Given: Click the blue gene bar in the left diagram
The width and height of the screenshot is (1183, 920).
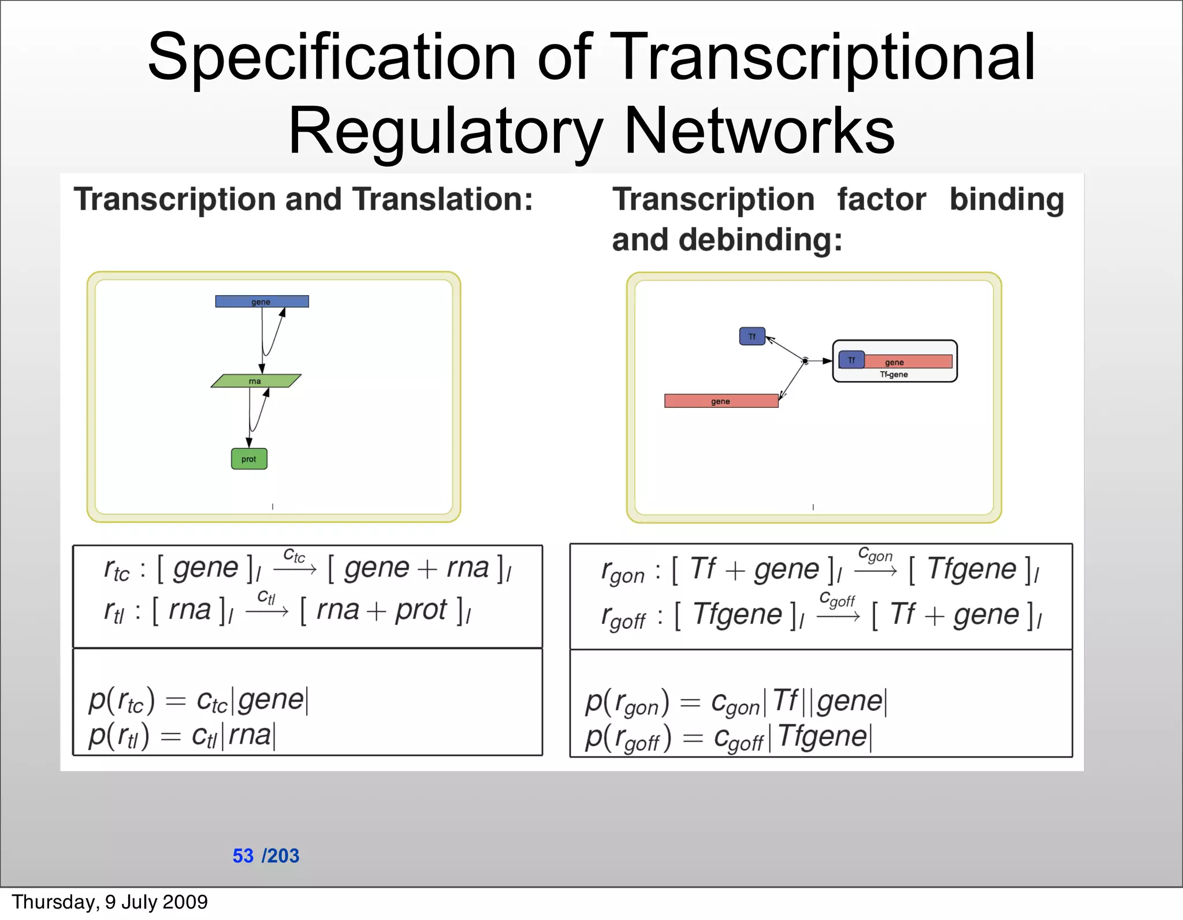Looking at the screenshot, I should (262, 301).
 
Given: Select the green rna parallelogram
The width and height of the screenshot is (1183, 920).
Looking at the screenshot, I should (256, 381).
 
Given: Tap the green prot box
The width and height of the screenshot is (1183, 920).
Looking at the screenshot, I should (249, 459).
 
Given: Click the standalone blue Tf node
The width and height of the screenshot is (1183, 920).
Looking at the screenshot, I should (752, 336).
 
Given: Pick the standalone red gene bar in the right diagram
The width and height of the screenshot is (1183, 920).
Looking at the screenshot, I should (721, 401).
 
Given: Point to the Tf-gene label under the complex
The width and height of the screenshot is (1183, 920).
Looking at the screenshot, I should (894, 375).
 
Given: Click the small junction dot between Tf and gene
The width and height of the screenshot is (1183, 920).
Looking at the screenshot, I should (805, 361).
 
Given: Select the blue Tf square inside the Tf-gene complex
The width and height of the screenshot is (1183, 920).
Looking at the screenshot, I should (851, 360).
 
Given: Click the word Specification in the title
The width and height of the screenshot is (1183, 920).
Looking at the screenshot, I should (332, 58).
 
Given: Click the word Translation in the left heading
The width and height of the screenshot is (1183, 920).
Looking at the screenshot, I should (442, 199).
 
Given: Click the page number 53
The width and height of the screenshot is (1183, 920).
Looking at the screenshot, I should (243, 855).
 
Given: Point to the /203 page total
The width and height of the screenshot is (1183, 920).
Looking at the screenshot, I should (281, 855).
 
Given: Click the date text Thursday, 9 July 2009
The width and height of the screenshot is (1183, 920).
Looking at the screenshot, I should (110, 902).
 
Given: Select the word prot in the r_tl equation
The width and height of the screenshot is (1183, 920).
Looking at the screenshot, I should (421, 610).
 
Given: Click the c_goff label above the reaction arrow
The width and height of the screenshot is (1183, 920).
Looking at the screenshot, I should (837, 599).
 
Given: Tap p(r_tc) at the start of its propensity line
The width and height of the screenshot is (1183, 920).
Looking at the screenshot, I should (121, 701).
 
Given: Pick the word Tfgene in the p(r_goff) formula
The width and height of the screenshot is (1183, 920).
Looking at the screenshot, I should (822, 736).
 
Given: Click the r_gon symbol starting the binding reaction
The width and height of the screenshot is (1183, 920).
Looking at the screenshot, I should (622, 572).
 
